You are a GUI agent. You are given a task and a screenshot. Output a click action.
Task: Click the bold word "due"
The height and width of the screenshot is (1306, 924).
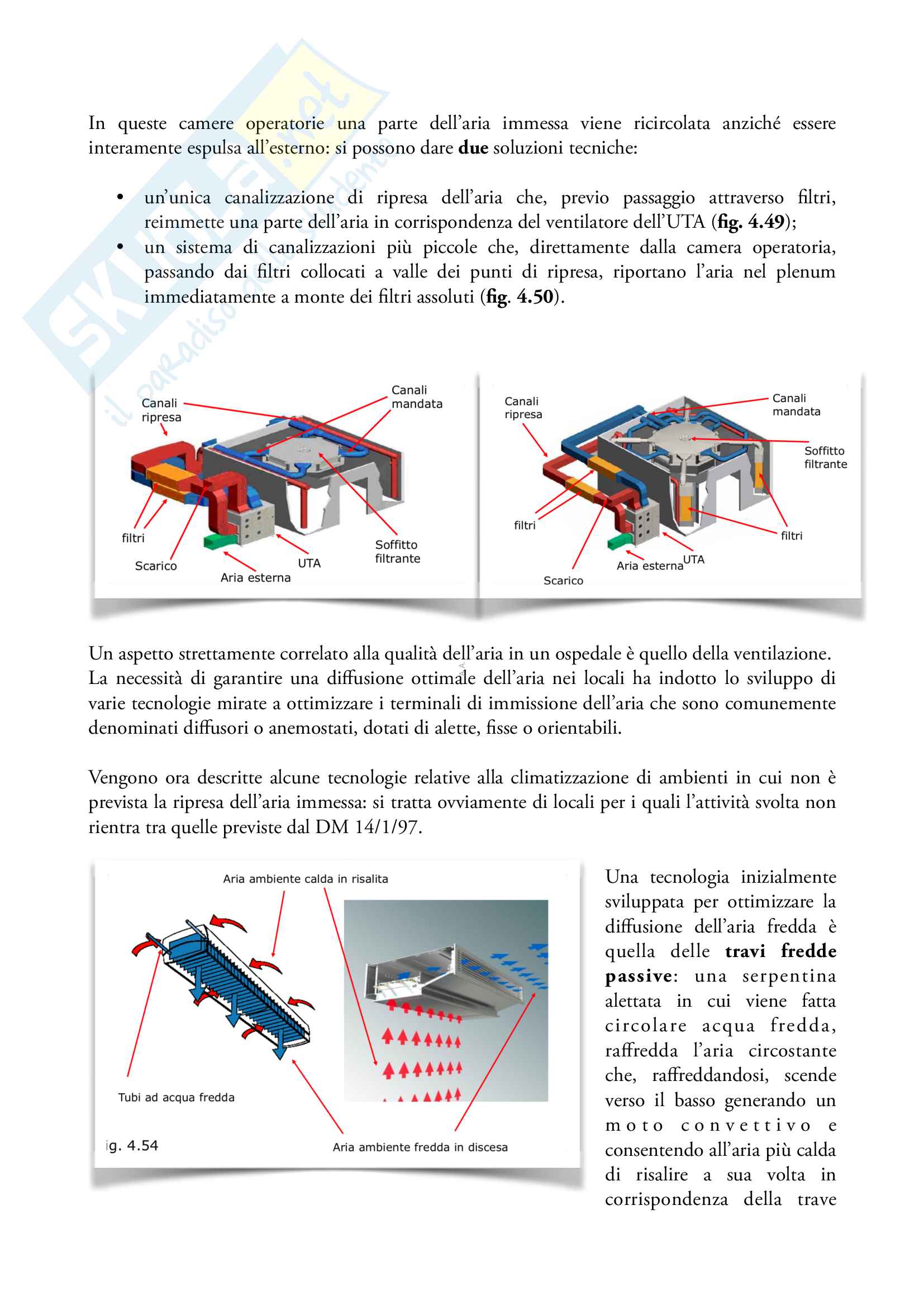pos(473,148)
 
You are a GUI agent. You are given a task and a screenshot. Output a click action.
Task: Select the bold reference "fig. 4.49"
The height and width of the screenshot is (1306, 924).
pos(751,222)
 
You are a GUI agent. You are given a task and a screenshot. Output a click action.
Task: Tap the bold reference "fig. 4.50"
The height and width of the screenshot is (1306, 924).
pos(520,297)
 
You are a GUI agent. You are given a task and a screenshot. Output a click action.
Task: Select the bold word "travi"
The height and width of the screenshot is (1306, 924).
pos(745,951)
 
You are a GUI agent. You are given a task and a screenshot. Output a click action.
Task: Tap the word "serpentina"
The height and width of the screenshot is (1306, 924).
pos(789,976)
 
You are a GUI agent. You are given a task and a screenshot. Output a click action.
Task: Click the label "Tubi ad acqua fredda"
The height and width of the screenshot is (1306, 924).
pos(177,1097)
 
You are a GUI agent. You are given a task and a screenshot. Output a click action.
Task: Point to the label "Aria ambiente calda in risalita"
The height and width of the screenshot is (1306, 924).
pos(306,879)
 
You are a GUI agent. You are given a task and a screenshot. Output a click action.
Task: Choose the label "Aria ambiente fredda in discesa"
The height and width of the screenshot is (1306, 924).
pos(420,1147)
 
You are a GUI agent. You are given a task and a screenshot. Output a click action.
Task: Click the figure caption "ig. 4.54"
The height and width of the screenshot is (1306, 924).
pos(132,1146)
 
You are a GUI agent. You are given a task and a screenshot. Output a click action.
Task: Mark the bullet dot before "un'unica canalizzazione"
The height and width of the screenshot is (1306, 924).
pos(120,197)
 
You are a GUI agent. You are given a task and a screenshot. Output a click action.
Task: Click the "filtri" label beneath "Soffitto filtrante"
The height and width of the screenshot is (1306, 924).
pos(792,536)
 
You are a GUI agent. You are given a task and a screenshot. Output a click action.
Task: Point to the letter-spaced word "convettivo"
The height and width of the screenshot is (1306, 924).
pos(745,1126)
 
